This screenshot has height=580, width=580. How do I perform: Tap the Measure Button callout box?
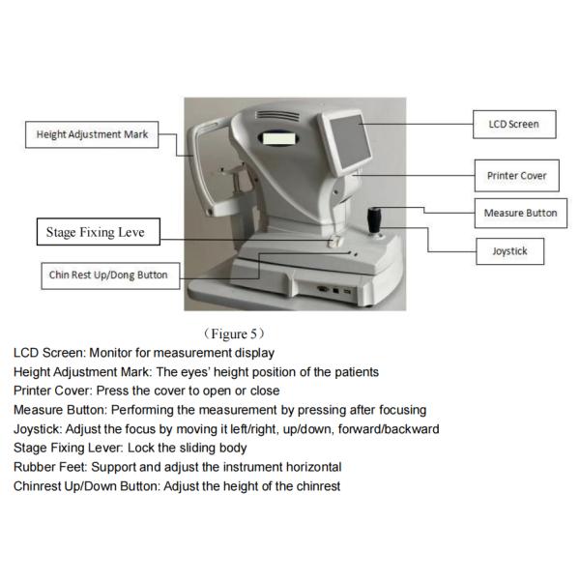pos(520,213)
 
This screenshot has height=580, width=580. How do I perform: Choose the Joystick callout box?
pos(510,251)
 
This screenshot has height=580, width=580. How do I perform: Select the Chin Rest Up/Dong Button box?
pos(108,275)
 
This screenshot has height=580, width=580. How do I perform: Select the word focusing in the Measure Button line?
pos(399,410)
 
